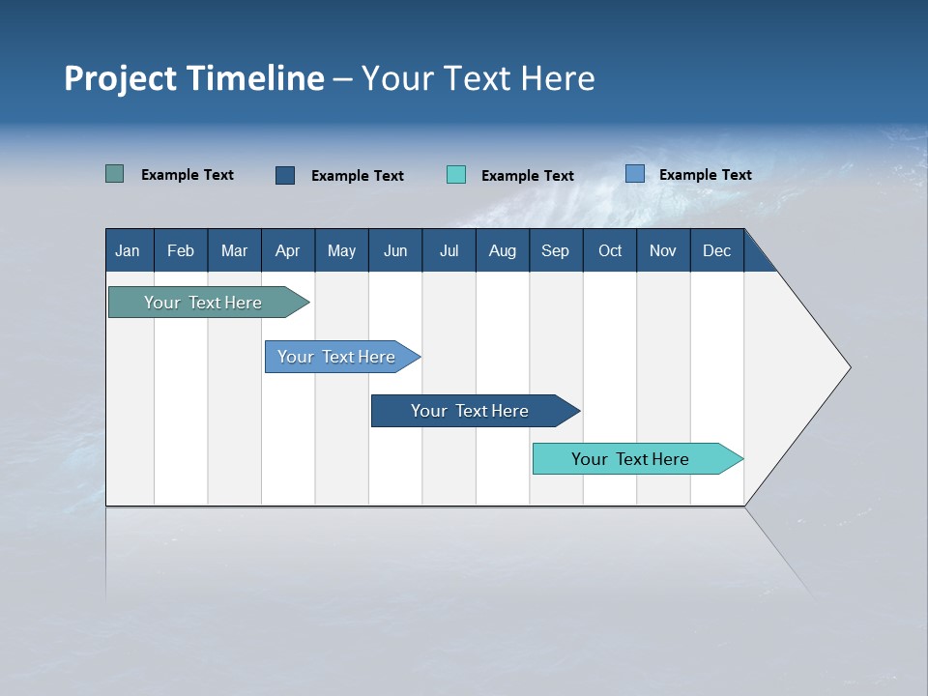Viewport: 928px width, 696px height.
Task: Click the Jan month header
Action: (129, 250)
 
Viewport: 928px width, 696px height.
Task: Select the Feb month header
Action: (181, 250)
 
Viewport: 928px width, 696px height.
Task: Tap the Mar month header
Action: (234, 250)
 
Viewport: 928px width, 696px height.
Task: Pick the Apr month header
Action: (288, 250)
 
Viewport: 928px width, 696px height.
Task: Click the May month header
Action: (341, 250)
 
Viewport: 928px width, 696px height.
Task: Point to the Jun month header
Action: (395, 250)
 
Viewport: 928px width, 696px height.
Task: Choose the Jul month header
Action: (449, 250)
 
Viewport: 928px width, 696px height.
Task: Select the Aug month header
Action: (503, 250)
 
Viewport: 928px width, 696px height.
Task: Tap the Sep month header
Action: (556, 250)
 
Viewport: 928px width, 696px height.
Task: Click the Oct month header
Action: (610, 250)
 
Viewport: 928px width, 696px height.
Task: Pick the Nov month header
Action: (663, 250)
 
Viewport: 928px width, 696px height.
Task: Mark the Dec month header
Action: (717, 250)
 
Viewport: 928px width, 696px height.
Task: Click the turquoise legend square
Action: (456, 175)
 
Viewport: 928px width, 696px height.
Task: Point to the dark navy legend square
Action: (285, 175)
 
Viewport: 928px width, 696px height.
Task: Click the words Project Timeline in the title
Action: (194, 78)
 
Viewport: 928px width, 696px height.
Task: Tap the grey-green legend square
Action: (115, 174)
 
